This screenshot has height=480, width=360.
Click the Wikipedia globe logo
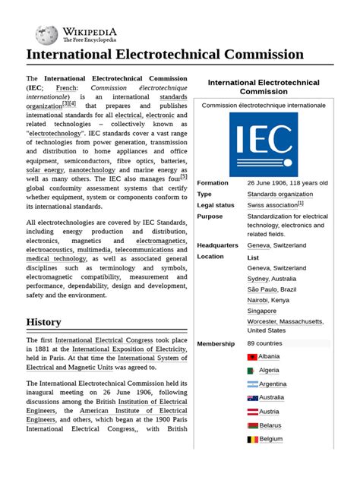coord(46,34)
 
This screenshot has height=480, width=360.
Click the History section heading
coord(43,321)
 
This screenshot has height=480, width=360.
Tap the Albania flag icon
coord(252,356)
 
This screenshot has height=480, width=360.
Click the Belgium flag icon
coord(252,439)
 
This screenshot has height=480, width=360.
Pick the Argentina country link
coord(272,384)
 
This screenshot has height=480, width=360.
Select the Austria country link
coord(269,412)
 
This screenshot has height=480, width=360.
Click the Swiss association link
coord(271,205)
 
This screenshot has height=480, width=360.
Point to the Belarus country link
coord(270,425)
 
